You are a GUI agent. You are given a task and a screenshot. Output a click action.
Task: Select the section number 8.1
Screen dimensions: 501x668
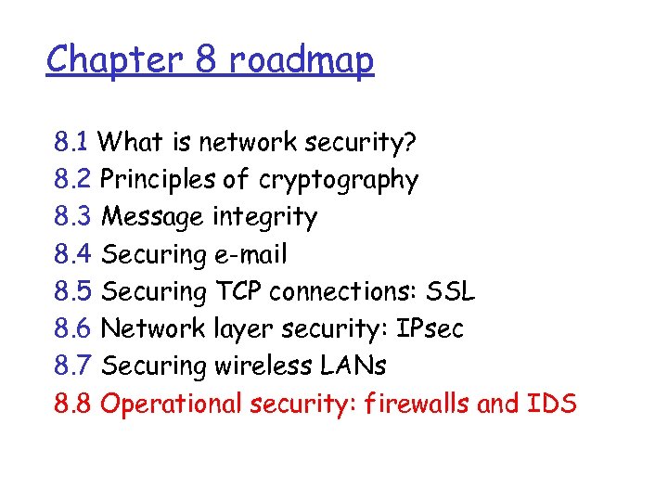(71, 143)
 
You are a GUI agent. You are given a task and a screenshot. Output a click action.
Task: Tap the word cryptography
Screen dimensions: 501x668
(339, 180)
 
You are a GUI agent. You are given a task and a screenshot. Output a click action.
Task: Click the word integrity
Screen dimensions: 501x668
(265, 217)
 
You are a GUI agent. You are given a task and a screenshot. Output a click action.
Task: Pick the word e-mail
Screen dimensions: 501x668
(250, 254)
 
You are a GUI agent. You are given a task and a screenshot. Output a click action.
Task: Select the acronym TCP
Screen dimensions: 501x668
(239, 291)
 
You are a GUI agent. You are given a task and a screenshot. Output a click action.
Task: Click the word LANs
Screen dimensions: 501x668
(356, 366)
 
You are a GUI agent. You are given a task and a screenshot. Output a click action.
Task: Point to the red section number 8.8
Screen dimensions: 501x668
(72, 404)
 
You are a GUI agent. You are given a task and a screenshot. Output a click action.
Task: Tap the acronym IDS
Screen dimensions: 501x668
(554, 404)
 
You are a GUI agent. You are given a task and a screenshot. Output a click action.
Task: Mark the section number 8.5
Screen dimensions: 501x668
(72, 291)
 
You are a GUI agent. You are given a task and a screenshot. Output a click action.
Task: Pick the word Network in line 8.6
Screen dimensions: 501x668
(151, 328)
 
